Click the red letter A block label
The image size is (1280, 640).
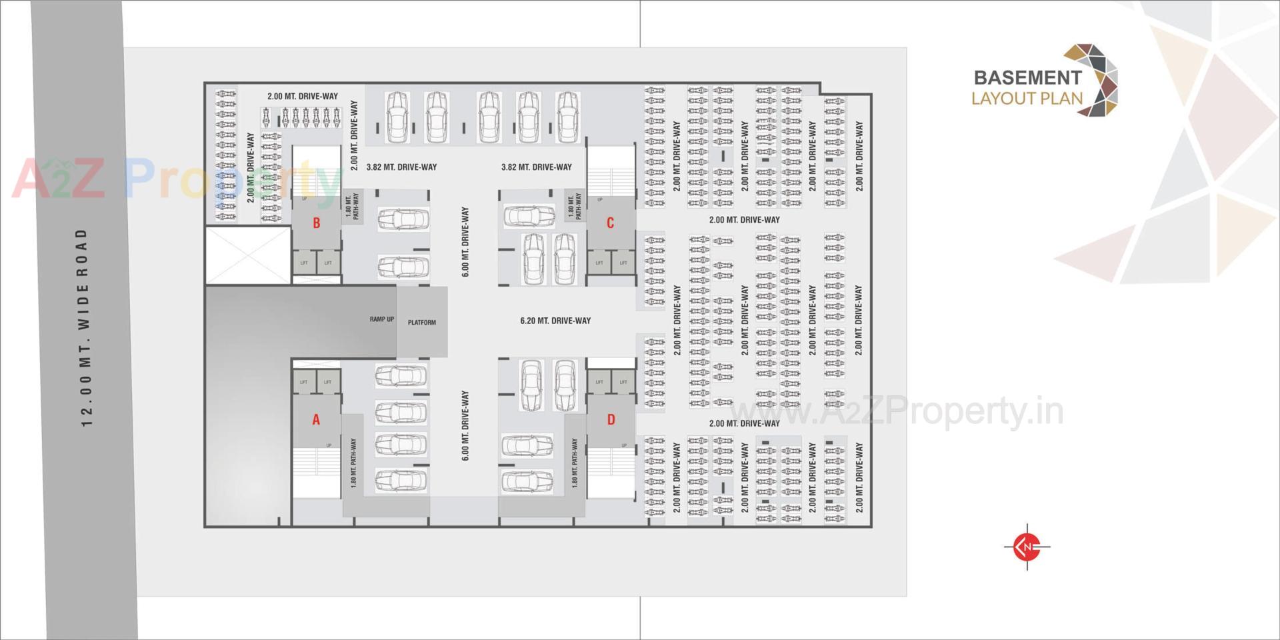click(316, 419)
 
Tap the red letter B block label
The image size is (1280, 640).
click(317, 223)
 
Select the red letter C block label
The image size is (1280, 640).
click(609, 223)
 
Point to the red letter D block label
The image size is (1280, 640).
click(611, 419)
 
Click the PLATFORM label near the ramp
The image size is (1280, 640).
click(422, 323)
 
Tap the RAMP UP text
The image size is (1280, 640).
click(381, 319)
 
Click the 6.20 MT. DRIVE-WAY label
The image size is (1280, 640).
click(555, 321)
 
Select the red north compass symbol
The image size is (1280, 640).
click(1027, 547)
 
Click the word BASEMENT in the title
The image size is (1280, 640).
click(1027, 78)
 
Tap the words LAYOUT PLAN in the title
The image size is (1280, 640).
click(1027, 99)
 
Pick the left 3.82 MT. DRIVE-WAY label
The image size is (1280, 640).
click(401, 167)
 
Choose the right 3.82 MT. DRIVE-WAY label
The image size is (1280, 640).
click(536, 167)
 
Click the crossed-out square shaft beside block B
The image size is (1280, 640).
click(248, 255)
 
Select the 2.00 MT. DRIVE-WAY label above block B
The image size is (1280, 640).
click(303, 96)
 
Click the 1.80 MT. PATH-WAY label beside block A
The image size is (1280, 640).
click(353, 463)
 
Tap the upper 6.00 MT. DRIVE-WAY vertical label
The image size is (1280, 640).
click(465, 242)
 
